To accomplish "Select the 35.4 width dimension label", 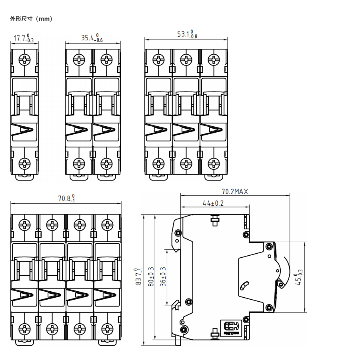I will tap(92, 38).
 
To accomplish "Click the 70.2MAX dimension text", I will tap(235, 192).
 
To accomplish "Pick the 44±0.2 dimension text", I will tap(213, 203).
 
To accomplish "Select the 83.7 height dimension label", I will tap(138, 276).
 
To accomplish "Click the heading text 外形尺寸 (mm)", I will tap(31, 19).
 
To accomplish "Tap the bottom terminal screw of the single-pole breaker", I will tap(25, 163).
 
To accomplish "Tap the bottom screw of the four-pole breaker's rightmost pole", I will tap(107, 329).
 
